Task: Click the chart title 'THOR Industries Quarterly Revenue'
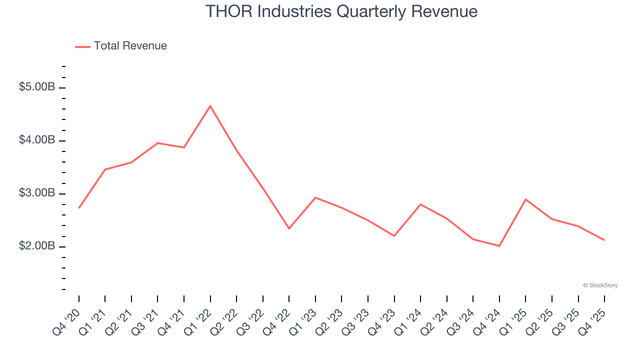click(x=341, y=11)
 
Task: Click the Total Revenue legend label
click(x=130, y=46)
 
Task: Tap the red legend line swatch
click(x=82, y=46)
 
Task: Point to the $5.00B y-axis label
click(x=37, y=87)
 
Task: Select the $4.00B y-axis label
click(x=37, y=140)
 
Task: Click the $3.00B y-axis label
click(x=37, y=193)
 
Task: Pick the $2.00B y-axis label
click(x=37, y=246)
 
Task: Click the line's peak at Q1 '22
click(x=210, y=105)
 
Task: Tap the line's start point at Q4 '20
click(x=79, y=208)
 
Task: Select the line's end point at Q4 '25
click(x=604, y=240)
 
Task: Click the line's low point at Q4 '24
click(x=499, y=246)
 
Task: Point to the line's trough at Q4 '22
click(x=289, y=228)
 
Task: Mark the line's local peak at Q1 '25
click(x=525, y=199)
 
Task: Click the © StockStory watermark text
click(x=600, y=285)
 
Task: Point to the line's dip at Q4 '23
click(x=394, y=236)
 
